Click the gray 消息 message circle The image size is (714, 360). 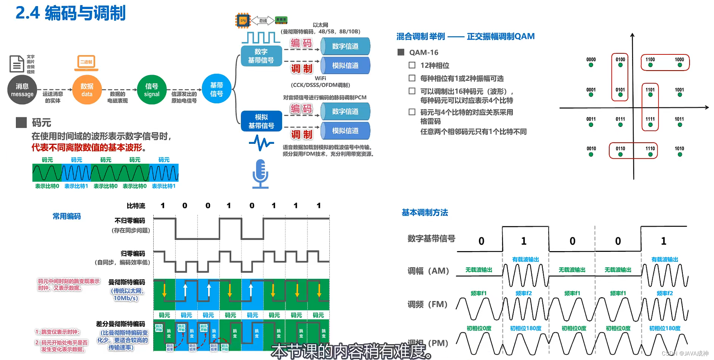tap(22, 90)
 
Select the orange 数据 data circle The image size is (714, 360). tap(87, 90)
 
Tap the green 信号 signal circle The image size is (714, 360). tap(152, 90)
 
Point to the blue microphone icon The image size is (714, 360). tap(260, 173)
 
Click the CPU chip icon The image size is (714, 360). tap(243, 20)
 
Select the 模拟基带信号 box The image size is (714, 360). tap(261, 121)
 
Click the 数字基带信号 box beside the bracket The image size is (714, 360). tap(261, 56)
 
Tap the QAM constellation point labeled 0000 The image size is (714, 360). tap(591, 65)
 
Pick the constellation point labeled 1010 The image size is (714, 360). tap(679, 154)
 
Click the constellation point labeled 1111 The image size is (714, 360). tap(650, 125)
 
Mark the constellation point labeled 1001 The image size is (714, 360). tap(679, 95)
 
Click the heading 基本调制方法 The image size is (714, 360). tap(425, 213)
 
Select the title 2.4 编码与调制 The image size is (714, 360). tap(71, 14)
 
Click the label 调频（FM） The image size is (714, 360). tap(428, 304)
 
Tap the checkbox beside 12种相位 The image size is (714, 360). tap(412, 65)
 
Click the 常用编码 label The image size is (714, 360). tap(66, 216)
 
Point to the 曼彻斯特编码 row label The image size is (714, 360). tap(127, 282)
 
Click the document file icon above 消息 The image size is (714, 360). tap(16, 64)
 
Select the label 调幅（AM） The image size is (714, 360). tap(429, 271)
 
